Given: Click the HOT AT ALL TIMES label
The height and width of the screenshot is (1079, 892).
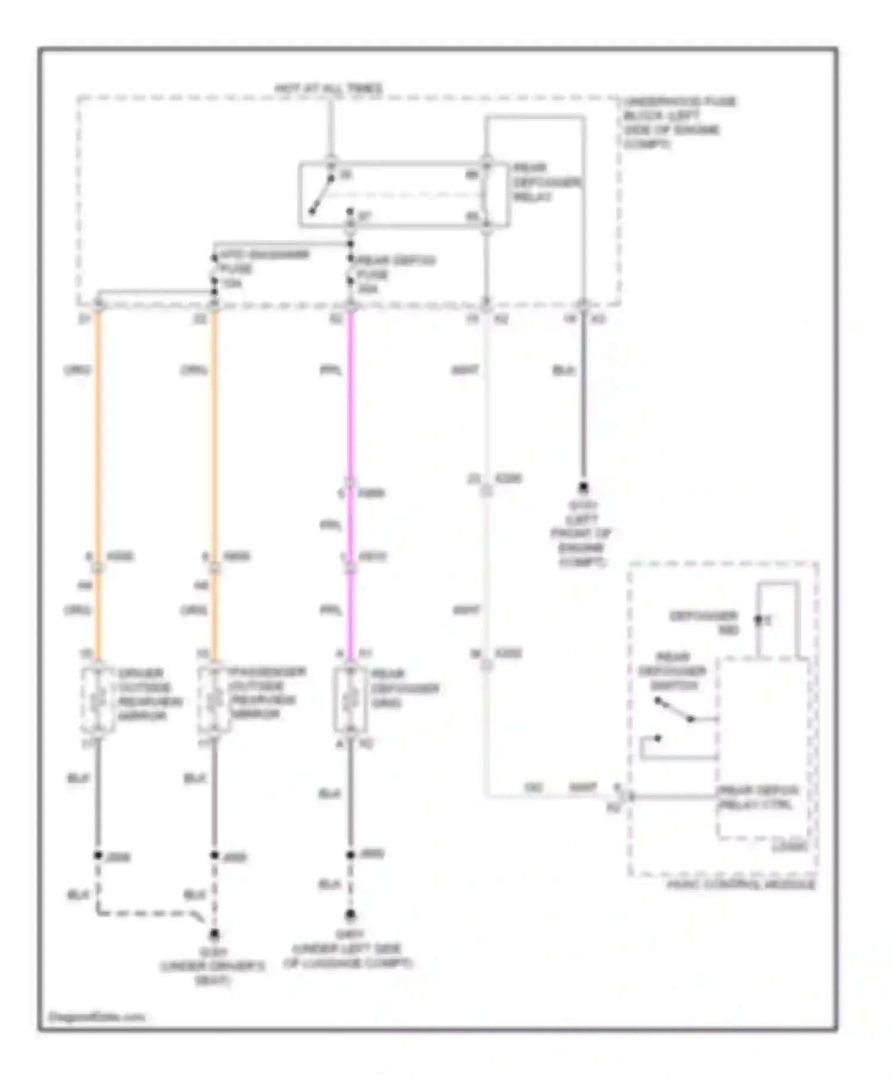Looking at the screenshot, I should [328, 89].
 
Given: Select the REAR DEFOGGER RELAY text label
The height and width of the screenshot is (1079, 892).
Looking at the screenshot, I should [546, 183].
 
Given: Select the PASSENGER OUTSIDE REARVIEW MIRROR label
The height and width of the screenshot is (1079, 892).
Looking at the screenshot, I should [268, 692].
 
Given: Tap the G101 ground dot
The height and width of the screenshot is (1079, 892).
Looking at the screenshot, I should [583, 488].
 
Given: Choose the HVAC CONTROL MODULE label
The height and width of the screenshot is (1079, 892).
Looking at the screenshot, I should [740, 884].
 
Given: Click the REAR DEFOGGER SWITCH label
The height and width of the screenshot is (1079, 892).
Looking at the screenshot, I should [673, 671].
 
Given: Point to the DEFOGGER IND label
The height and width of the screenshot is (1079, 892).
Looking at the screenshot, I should [704, 622].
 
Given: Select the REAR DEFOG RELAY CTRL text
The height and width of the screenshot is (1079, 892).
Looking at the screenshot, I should [758, 798].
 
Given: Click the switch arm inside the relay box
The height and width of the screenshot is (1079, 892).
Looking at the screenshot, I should [321, 195].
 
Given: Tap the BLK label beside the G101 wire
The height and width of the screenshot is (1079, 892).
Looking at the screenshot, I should [564, 371].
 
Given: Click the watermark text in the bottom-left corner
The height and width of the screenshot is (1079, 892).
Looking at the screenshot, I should [96, 1017].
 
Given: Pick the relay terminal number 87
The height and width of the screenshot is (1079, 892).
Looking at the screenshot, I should [365, 215].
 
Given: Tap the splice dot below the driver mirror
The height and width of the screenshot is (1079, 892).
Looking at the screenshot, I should [98, 855].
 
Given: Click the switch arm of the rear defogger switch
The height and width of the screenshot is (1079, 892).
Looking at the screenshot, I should [674, 710].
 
